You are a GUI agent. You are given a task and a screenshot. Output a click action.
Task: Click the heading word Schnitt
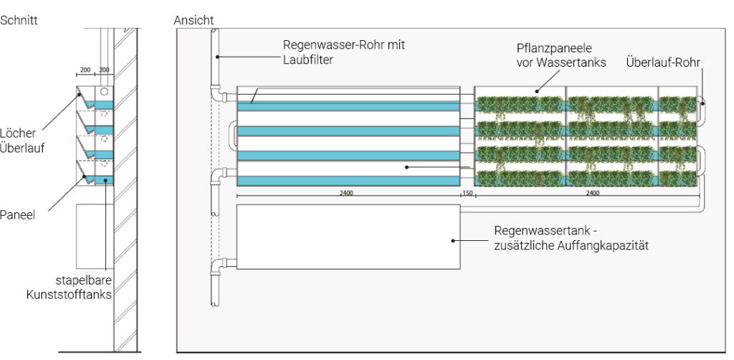point(19,20)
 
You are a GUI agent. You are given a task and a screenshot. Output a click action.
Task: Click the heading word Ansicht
point(194,20)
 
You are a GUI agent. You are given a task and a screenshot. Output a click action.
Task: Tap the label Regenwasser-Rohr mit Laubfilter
point(343,52)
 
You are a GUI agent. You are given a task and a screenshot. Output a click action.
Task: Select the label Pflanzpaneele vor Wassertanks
point(561,55)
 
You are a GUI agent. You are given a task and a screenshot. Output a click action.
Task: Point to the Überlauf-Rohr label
point(663,62)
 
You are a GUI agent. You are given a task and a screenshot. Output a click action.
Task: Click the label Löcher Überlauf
point(22,141)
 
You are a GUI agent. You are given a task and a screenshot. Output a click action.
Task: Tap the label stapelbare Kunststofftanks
point(69,288)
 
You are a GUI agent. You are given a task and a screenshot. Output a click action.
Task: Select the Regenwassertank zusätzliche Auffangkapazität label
point(571,238)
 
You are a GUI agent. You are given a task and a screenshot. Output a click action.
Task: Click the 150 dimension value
point(467,192)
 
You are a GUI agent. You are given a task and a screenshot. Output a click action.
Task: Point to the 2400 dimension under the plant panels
point(592,192)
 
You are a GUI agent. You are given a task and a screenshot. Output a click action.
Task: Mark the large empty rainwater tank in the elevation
point(348,237)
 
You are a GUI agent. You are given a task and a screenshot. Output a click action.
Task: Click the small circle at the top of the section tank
point(104,91)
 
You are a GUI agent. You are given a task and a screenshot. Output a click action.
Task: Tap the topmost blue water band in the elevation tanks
point(348,106)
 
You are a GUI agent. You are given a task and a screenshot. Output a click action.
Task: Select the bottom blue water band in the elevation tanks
point(348,181)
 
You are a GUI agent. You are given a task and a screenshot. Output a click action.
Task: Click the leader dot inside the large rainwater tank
point(453,241)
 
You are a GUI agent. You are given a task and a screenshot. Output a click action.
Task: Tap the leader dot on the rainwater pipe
point(218,57)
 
